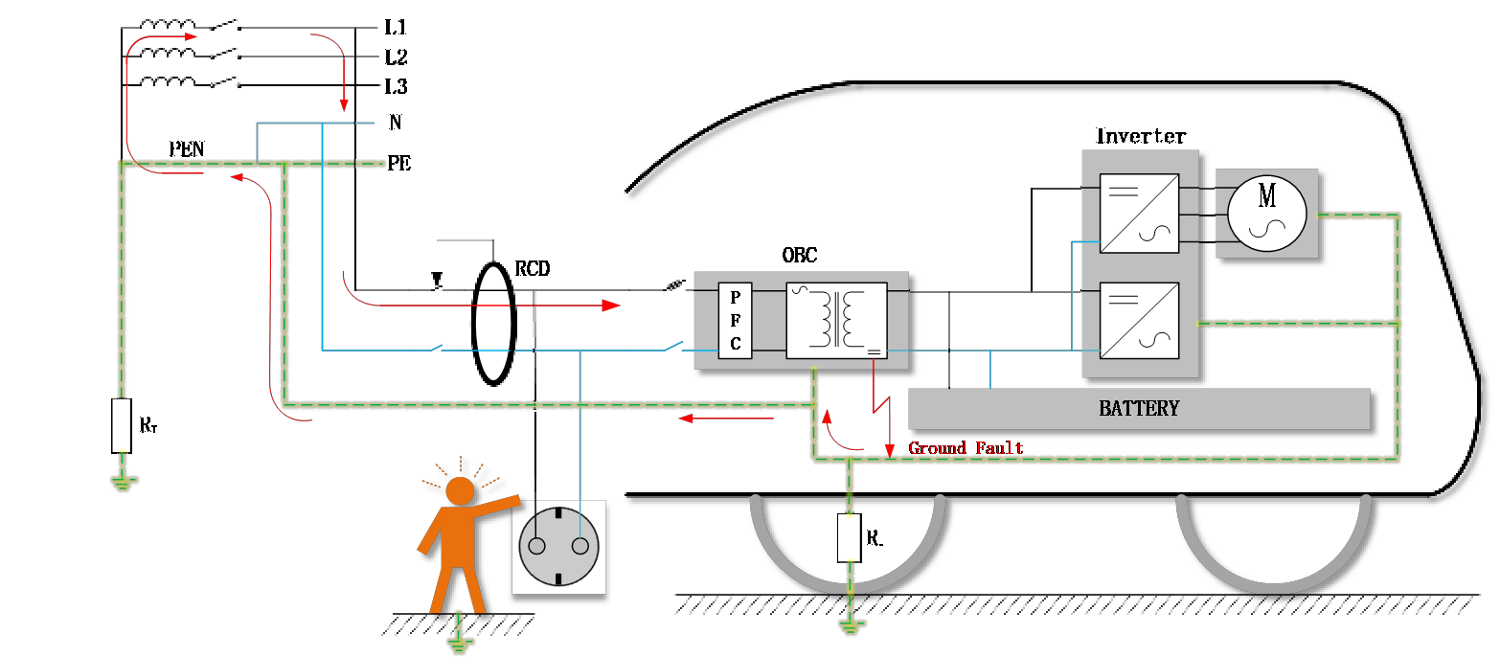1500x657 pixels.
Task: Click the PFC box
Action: pyautogui.click(x=735, y=321)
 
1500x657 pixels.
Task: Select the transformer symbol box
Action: pyautogui.click(x=836, y=321)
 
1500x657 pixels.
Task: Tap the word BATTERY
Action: pyautogui.click(x=1139, y=409)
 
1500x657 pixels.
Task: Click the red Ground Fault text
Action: pyautogui.click(x=966, y=448)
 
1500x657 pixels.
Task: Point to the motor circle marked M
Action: pyautogui.click(x=1266, y=213)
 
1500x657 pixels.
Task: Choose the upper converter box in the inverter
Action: pyautogui.click(x=1139, y=213)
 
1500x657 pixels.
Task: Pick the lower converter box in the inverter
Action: pyautogui.click(x=1139, y=321)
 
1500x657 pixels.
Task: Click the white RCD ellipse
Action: pyautogui.click(x=493, y=323)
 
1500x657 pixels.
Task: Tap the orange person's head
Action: pyautogui.click(x=460, y=491)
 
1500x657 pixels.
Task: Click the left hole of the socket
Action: pyautogui.click(x=537, y=546)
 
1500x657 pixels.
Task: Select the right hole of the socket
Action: pyautogui.click(x=580, y=546)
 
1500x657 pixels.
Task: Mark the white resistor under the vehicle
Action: pyautogui.click(x=849, y=537)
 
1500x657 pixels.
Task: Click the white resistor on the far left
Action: pyautogui.click(x=121, y=425)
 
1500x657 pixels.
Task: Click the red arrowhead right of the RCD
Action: pyautogui.click(x=610, y=306)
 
